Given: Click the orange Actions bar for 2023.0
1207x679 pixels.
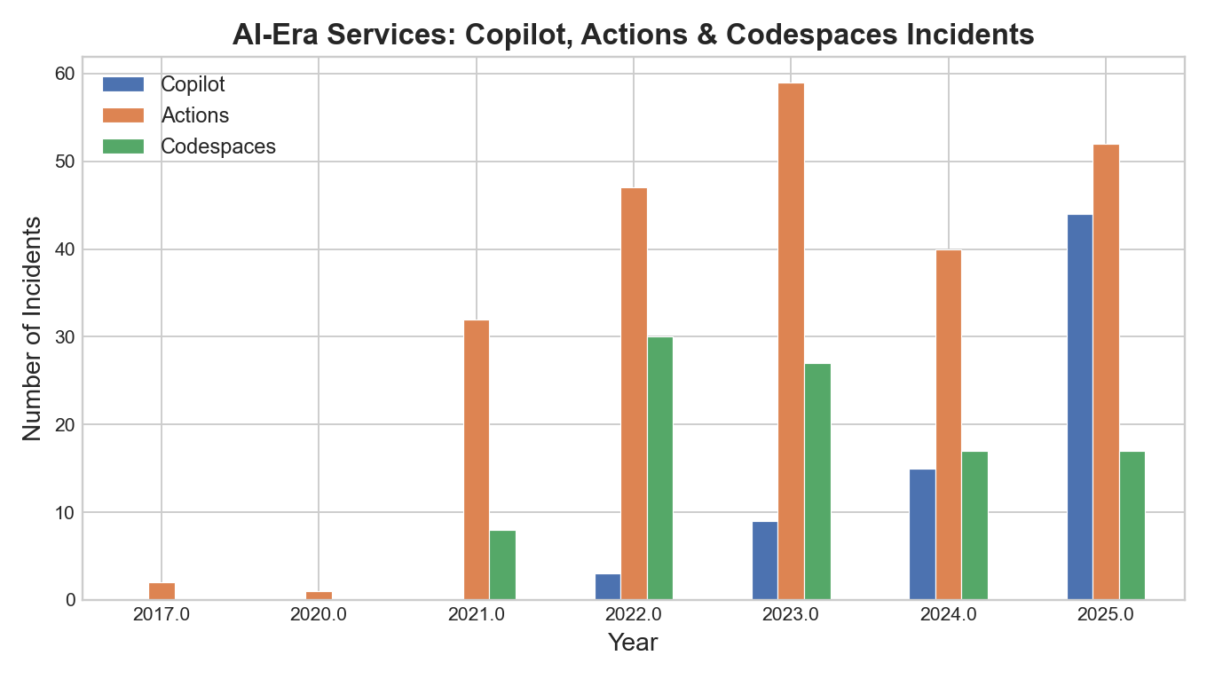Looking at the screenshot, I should point(791,342).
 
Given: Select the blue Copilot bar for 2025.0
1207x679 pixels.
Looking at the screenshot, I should point(1079,407).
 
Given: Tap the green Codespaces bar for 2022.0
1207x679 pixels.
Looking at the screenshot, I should point(659,469).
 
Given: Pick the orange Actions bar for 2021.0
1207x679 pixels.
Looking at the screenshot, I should point(477,460).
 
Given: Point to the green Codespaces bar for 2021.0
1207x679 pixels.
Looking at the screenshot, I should point(502,565).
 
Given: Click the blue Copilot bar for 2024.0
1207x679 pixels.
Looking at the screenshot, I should point(922,534).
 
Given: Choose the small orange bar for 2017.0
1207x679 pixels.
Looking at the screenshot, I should point(162,591).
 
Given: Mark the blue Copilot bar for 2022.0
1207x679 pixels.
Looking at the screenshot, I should point(607,587).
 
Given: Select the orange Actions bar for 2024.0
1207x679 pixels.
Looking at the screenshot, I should point(948,425).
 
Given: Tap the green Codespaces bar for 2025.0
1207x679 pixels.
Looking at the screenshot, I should point(1132,525).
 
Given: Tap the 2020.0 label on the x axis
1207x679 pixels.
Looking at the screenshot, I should point(319,614).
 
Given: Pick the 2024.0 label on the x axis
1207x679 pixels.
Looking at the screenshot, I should point(948,614).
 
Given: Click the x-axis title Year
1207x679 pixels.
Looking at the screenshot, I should point(633,643).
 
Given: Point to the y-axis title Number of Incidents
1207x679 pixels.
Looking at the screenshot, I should point(32,328).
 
